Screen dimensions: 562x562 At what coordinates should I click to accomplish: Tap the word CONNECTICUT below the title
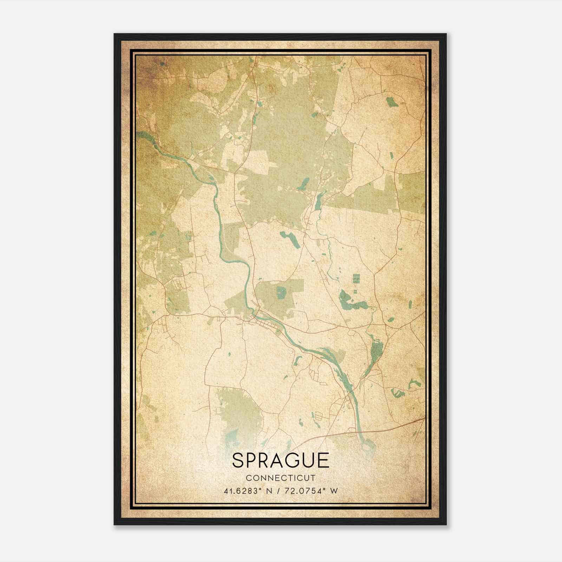(280, 478)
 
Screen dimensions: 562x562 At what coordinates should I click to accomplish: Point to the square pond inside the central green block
(281, 292)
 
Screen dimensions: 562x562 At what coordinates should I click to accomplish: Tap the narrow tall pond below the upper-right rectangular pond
(391, 157)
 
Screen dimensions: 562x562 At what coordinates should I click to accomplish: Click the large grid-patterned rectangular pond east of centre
(356, 279)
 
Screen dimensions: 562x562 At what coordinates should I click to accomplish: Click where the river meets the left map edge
(138, 134)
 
